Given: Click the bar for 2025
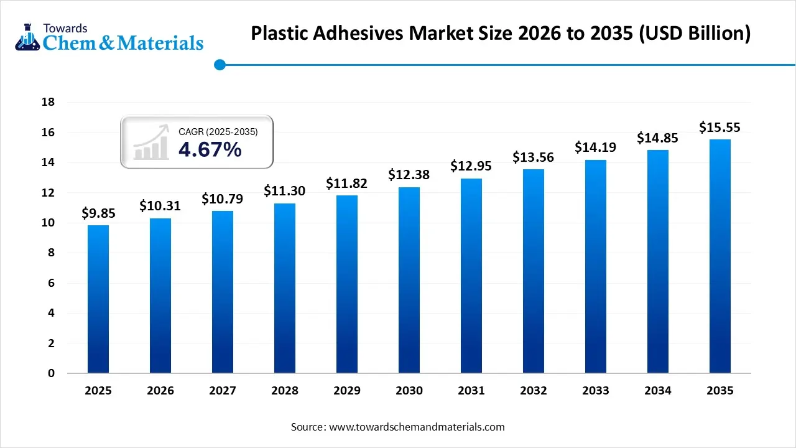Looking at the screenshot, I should (x=98, y=299).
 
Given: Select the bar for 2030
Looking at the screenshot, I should (x=409, y=280).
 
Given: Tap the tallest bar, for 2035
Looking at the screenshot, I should (x=720, y=256).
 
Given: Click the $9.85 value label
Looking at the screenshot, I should (x=98, y=213).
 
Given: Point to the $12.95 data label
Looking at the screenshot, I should (x=471, y=167).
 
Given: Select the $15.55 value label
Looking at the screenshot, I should (x=720, y=128).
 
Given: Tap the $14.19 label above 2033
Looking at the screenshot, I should (x=596, y=148).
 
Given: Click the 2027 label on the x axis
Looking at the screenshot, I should (x=223, y=391).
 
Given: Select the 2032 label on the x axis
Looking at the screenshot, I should (x=534, y=391).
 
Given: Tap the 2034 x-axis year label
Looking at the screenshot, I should (x=658, y=391).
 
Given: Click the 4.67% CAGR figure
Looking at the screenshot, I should (x=210, y=149).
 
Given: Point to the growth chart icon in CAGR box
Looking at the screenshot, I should (x=150, y=142).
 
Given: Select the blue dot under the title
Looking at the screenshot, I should (x=219, y=64).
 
